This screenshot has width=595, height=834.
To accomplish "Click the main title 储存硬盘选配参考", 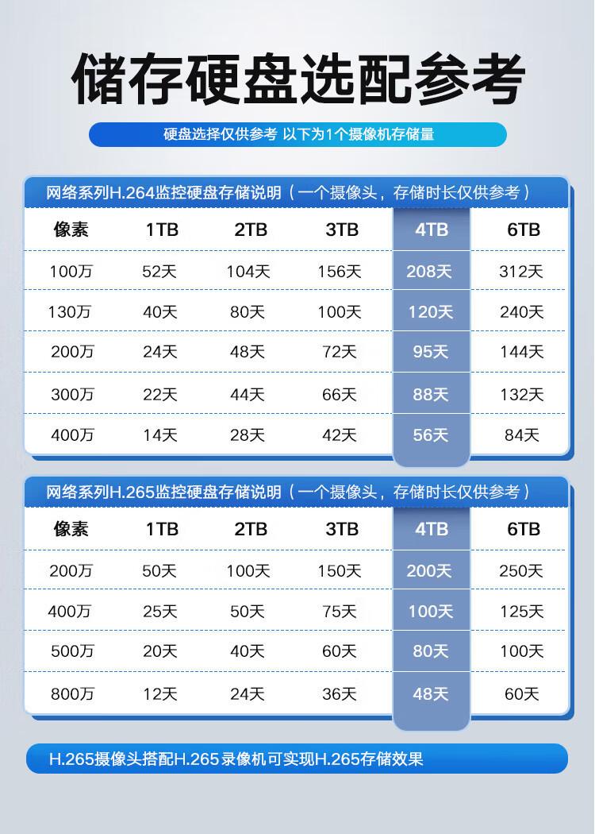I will [297, 79].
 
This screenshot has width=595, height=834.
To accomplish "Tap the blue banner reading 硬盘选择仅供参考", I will [297, 134].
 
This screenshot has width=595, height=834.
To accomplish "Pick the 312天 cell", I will [521, 272].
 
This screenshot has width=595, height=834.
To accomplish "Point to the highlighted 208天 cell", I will [429, 272].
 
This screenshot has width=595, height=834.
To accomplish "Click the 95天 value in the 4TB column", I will [430, 352].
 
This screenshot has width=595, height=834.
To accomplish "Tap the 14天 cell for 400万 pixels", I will [159, 435].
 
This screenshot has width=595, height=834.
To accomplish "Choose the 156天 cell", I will [339, 272].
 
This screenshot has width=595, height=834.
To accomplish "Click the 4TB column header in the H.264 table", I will [432, 230].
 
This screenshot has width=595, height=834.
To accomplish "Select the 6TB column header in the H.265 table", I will [523, 529].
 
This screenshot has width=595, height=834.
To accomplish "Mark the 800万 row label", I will [72, 694].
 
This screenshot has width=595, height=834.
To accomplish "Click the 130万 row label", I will [70, 312].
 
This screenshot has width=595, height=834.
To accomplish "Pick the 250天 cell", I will [521, 570].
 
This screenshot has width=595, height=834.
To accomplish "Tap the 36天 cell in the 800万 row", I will [339, 694].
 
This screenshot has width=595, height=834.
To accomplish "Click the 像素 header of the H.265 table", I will [71, 529].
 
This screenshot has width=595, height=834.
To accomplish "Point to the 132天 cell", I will [521, 395].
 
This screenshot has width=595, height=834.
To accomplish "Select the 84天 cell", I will [521, 435].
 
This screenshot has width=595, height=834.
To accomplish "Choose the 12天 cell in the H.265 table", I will [159, 694].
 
